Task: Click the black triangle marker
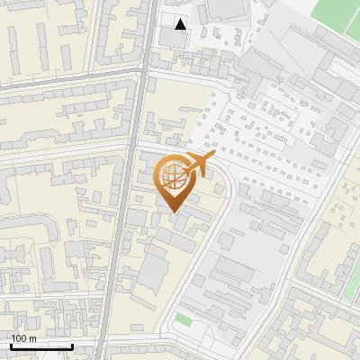click(182, 24)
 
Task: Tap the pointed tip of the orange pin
click(174, 211)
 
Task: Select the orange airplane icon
click(199, 164)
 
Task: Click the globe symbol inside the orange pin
click(174, 176)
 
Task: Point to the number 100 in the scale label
click(19, 338)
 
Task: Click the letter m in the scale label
click(32, 338)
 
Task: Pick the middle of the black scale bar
click(41, 346)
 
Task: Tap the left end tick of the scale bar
click(12, 346)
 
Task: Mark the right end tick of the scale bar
click(72, 346)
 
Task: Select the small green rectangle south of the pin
click(184, 319)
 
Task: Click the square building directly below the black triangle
click(176, 38)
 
